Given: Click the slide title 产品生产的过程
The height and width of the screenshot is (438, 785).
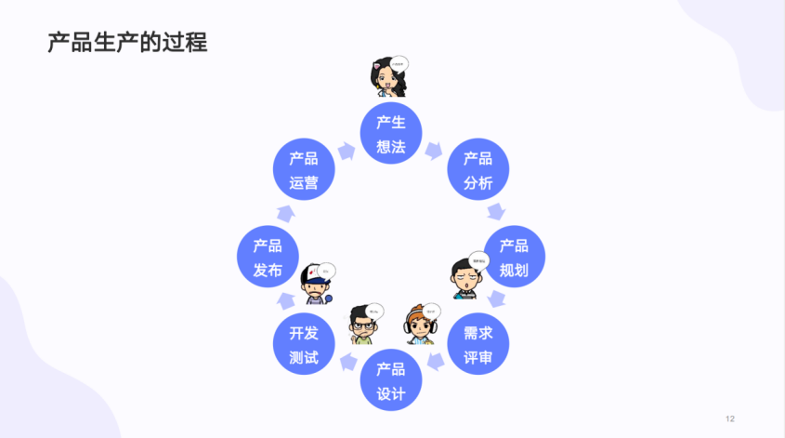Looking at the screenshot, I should (128, 42).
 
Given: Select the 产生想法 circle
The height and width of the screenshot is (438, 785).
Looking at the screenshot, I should (390, 134).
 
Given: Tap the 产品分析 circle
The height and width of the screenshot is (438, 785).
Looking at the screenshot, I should (478, 170).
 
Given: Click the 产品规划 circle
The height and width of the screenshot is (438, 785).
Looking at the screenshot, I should (514, 257).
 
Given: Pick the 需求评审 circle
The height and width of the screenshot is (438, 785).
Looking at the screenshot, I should (478, 344).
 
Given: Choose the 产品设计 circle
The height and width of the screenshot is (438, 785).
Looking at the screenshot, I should (390, 380).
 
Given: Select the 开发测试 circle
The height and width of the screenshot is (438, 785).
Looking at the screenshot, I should (303, 344).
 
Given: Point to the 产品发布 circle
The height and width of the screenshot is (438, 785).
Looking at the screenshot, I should (268, 257).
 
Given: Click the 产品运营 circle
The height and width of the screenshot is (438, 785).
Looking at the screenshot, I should (303, 170).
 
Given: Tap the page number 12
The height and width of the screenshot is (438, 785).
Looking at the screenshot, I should (730, 418).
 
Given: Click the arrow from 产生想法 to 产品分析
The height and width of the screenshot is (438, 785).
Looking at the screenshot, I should (434, 150).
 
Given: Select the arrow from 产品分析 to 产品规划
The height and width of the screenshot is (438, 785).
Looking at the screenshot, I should (498, 212).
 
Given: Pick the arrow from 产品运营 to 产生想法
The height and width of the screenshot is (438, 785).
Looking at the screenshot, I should (347, 150).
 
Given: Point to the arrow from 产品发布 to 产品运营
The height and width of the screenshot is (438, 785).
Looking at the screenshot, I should (284, 213).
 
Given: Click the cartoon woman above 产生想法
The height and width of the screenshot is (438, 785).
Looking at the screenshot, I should (386, 79).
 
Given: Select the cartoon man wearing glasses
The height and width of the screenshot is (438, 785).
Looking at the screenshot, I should (360, 324).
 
